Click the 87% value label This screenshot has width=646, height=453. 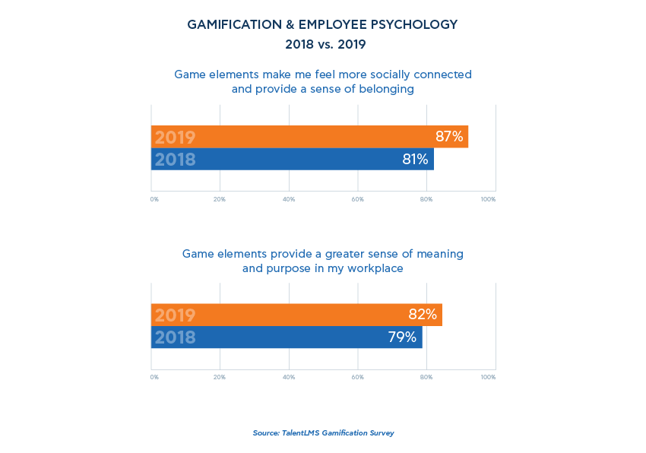pyautogui.click(x=449, y=137)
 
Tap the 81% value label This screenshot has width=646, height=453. pyautogui.click(x=415, y=160)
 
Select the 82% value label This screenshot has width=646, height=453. pyautogui.click(x=423, y=315)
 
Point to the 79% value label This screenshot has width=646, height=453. pyautogui.click(x=402, y=337)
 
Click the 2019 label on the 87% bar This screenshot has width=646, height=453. pyautogui.click(x=175, y=138)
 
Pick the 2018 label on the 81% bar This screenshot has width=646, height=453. pyautogui.click(x=175, y=160)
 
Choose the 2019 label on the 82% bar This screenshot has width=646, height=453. pyautogui.click(x=175, y=315)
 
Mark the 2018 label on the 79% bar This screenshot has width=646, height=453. pyautogui.click(x=175, y=337)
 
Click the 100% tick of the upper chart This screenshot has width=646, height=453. pyautogui.click(x=488, y=199)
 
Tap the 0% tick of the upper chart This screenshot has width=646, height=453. pyautogui.click(x=154, y=199)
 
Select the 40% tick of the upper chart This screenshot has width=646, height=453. pyautogui.click(x=289, y=199)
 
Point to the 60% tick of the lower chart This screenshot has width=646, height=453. pyautogui.click(x=357, y=377)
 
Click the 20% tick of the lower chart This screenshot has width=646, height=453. pyautogui.click(x=220, y=377)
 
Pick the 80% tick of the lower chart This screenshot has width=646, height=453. pyautogui.click(x=426, y=377)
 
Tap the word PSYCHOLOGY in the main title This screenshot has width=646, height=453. pyautogui.click(x=416, y=25)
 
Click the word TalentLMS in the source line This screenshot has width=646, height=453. pyautogui.click(x=301, y=433)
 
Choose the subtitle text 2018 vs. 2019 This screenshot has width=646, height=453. pyautogui.click(x=325, y=45)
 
